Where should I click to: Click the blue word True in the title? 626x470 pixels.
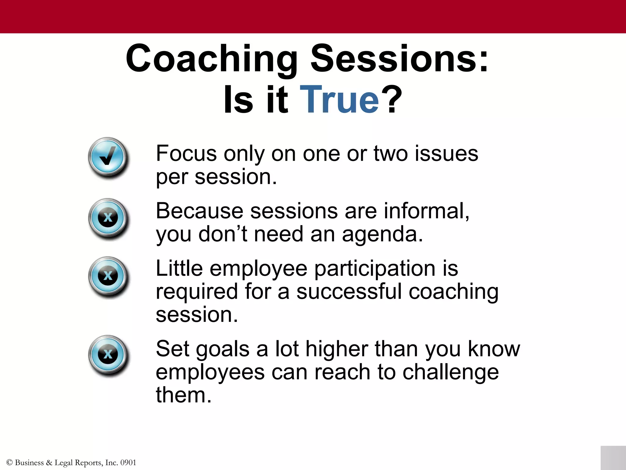pyautogui.click(x=339, y=99)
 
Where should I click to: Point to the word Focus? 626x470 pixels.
pyautogui.click(x=186, y=153)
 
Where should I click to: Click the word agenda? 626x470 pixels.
pyautogui.click(x=382, y=235)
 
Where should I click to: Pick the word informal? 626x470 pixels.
pyautogui.click(x=426, y=211)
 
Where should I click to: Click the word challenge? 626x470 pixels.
pyautogui.click(x=451, y=373)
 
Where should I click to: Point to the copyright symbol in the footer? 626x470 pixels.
pyautogui.click(x=9, y=463)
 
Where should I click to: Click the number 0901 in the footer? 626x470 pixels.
pyautogui.click(x=128, y=463)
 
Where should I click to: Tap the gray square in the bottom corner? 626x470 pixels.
pyautogui.click(x=613, y=458)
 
